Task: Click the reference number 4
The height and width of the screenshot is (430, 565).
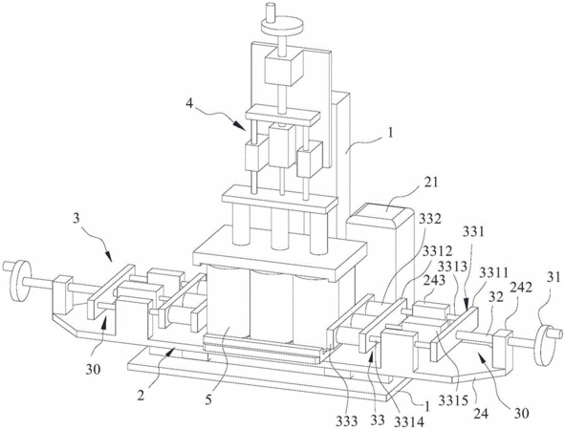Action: pos(189,104)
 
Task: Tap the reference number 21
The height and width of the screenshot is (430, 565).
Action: pos(430,183)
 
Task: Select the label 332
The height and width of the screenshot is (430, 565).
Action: pos(431,219)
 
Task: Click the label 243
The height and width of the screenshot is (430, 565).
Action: pos(434,281)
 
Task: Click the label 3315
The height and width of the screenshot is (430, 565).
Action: pos(452,400)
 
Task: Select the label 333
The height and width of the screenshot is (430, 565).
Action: pos(347,420)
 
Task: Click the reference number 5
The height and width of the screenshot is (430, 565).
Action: pos(208,400)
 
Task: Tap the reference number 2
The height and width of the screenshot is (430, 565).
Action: pos(141,397)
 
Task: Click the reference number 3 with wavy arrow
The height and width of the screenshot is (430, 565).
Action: pos(76,219)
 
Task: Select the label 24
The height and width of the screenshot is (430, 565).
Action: pos(481,414)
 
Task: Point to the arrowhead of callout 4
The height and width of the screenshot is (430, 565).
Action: pos(241,127)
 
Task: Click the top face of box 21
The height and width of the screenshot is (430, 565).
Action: pos(380,212)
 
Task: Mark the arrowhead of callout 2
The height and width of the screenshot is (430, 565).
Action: pos(171,351)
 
